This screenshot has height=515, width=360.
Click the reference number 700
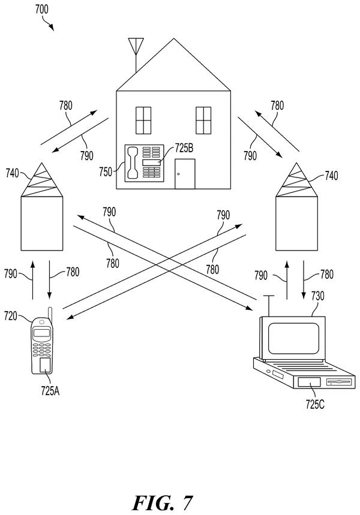pyautogui.click(x=42, y=9)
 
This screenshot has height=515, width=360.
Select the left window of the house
pyautogui.click(x=143, y=121)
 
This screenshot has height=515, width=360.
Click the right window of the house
pyautogui.click(x=203, y=121)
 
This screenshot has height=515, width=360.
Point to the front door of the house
pyautogui.click(x=185, y=174)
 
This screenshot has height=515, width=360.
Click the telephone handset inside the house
pyautogui.click(x=132, y=163)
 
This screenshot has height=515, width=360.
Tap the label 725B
pyautogui.click(x=184, y=148)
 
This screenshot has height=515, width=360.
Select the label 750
pyautogui.click(x=106, y=172)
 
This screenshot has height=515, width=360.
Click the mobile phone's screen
pyautogui.click(x=42, y=333)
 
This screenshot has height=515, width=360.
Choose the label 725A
pyautogui.click(x=50, y=391)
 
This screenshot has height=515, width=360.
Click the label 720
pyautogui.click(x=11, y=316)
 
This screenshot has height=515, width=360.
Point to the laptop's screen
pyautogui.click(x=293, y=338)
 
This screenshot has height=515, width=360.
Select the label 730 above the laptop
pyautogui.click(x=317, y=296)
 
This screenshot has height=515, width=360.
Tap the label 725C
pyautogui.click(x=315, y=404)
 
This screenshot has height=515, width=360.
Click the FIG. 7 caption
pyautogui.click(x=163, y=502)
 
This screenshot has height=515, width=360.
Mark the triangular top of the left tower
pyautogui.click(x=42, y=180)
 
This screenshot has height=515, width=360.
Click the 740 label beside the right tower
pyautogui.click(x=331, y=176)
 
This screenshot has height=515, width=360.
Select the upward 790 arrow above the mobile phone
pyautogui.click(x=33, y=280)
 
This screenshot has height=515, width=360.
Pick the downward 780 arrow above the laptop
pyautogui.click(x=304, y=280)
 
